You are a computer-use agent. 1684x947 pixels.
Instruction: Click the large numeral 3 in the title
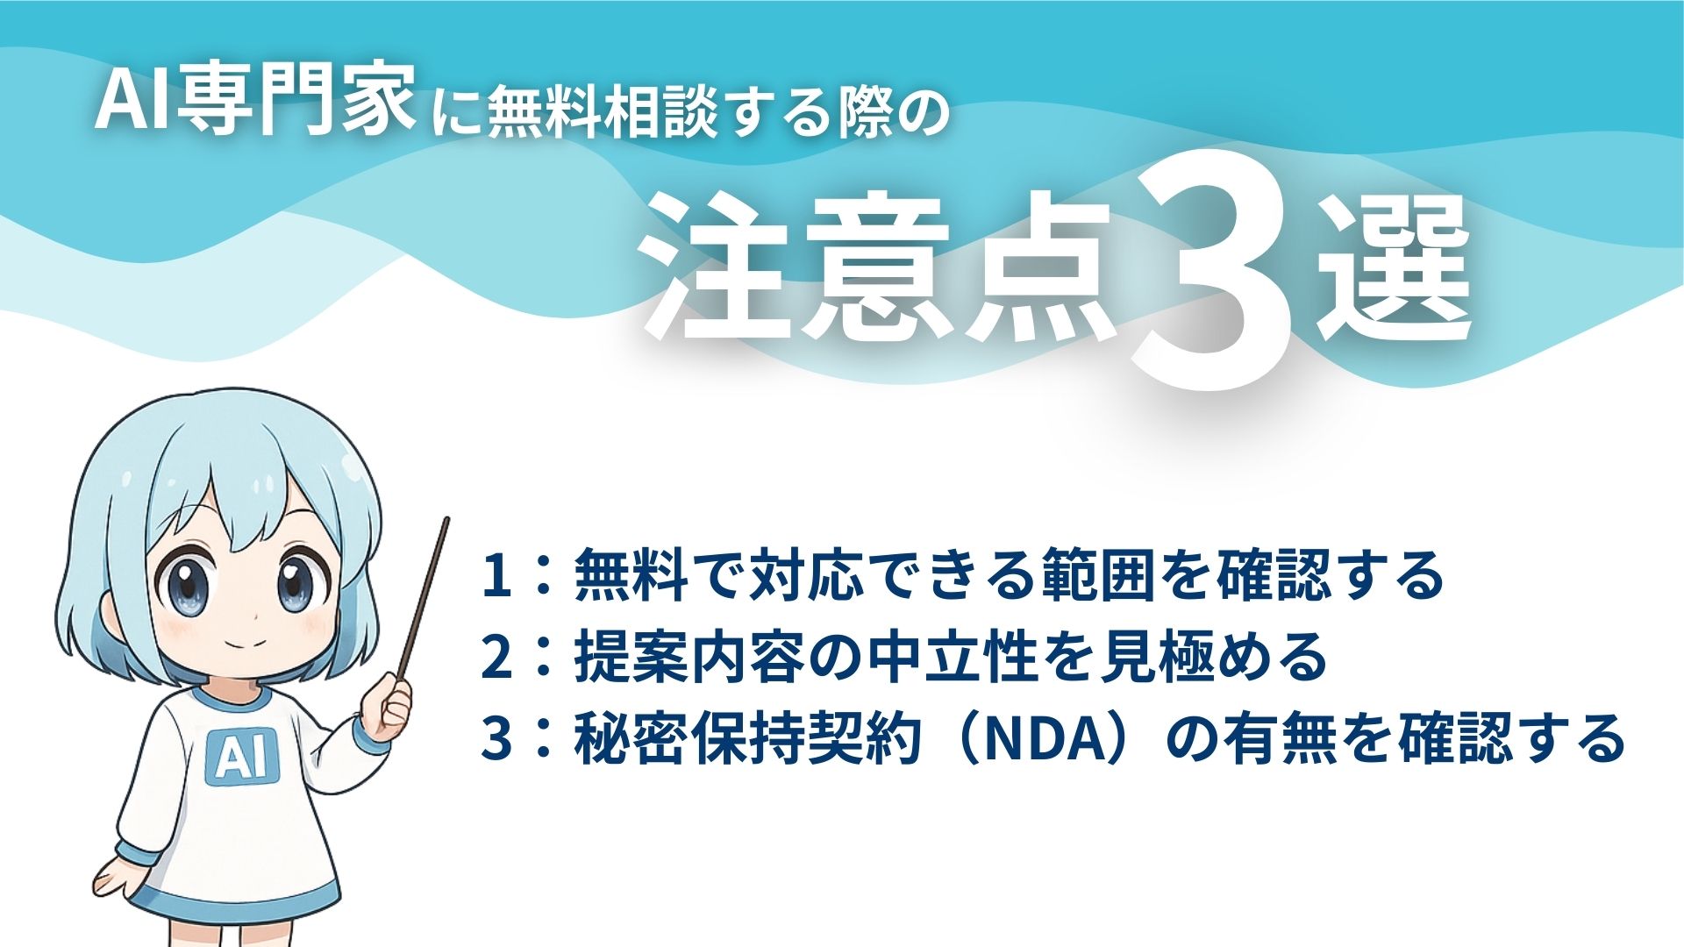(x=1215, y=272)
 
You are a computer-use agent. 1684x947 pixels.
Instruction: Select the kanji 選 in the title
(x=1395, y=272)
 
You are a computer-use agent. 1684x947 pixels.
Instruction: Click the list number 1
(x=496, y=576)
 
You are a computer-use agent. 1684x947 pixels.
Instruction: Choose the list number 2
(x=496, y=658)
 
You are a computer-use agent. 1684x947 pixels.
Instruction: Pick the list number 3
(x=496, y=738)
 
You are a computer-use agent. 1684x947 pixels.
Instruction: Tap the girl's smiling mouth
(x=249, y=643)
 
